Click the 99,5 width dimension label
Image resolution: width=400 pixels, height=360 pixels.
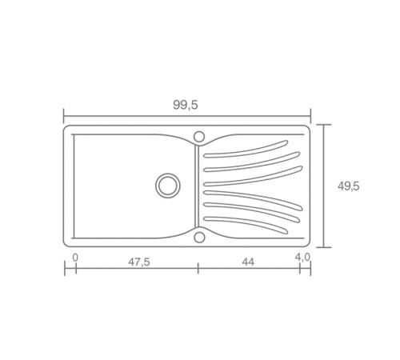[x=186, y=105]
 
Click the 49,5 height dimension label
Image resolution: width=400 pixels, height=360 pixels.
[x=349, y=186]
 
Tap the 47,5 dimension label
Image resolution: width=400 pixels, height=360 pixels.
[x=139, y=262]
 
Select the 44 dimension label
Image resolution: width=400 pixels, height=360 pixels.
[x=248, y=262]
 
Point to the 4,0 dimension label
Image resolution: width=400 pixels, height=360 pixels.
[x=302, y=257]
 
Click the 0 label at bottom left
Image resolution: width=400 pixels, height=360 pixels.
[x=75, y=258]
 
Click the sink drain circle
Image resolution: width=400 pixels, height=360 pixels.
[x=168, y=186]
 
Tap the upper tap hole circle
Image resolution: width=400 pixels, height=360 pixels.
[x=199, y=137]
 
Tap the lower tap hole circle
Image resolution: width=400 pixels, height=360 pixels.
[x=199, y=238]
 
